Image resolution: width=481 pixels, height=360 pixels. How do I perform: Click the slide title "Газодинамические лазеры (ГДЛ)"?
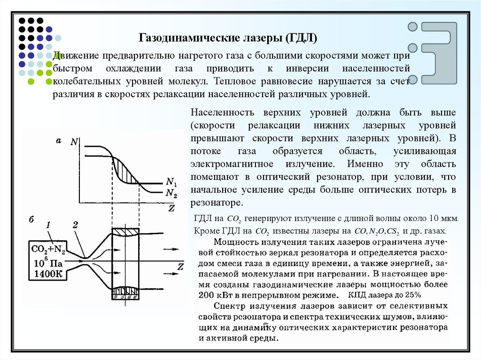click(227, 37)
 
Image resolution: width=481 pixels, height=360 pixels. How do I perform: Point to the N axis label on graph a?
click(74, 141)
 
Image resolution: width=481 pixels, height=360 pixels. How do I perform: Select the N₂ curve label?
click(171, 192)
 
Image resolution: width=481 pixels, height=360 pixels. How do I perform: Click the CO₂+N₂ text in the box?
click(48, 249)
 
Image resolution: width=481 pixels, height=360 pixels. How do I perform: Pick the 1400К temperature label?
click(47, 275)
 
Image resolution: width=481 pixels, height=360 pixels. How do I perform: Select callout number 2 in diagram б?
click(75, 225)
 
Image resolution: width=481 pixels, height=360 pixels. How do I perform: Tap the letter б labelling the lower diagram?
click(31, 220)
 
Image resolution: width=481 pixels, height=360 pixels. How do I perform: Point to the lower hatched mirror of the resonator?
click(125, 292)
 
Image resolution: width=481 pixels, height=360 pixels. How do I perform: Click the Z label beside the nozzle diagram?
click(180, 267)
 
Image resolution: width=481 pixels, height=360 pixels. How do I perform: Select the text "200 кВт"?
click(214, 295)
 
